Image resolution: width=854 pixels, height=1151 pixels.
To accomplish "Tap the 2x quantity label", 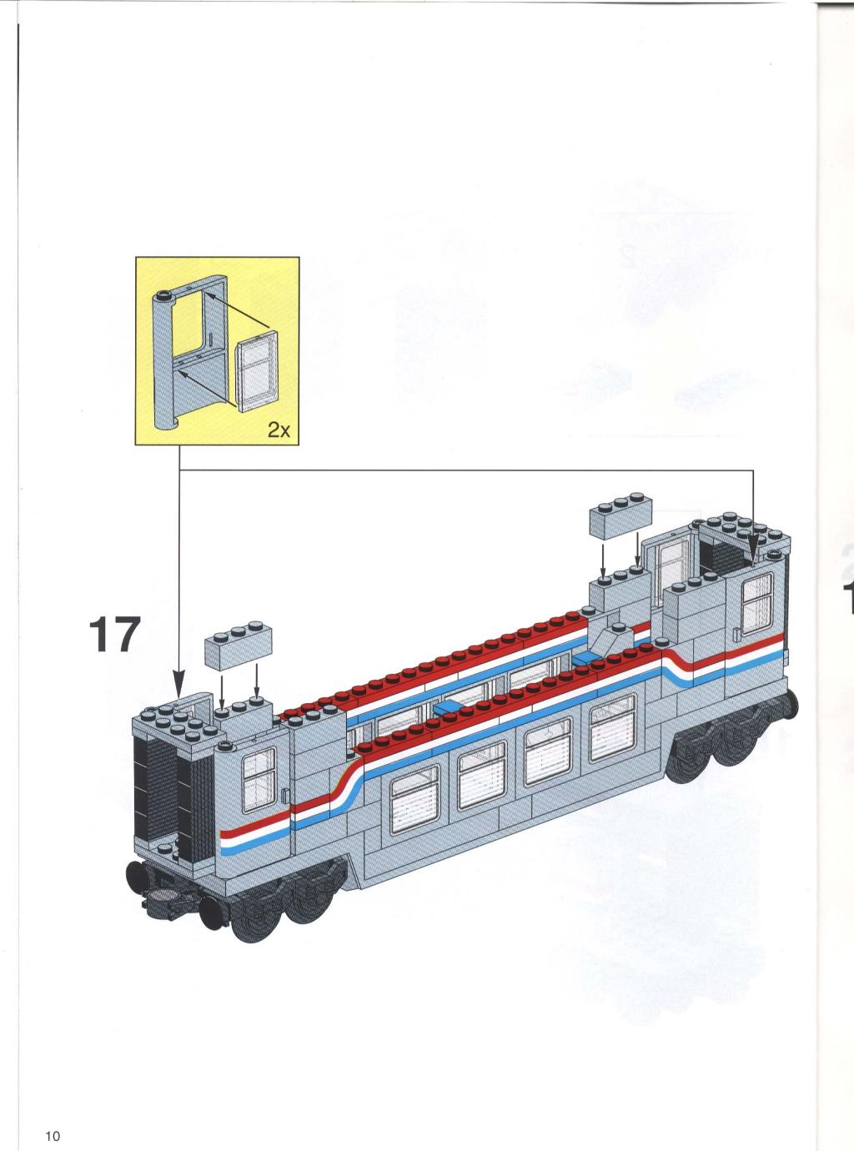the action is (x=279, y=430).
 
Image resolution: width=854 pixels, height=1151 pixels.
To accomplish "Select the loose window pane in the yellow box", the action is (x=257, y=370).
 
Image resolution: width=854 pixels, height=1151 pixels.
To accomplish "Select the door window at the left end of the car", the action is (x=259, y=779).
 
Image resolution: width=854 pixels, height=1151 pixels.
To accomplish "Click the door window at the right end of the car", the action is (x=757, y=604).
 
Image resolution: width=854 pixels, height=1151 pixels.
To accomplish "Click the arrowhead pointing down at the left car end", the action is (x=178, y=689).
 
